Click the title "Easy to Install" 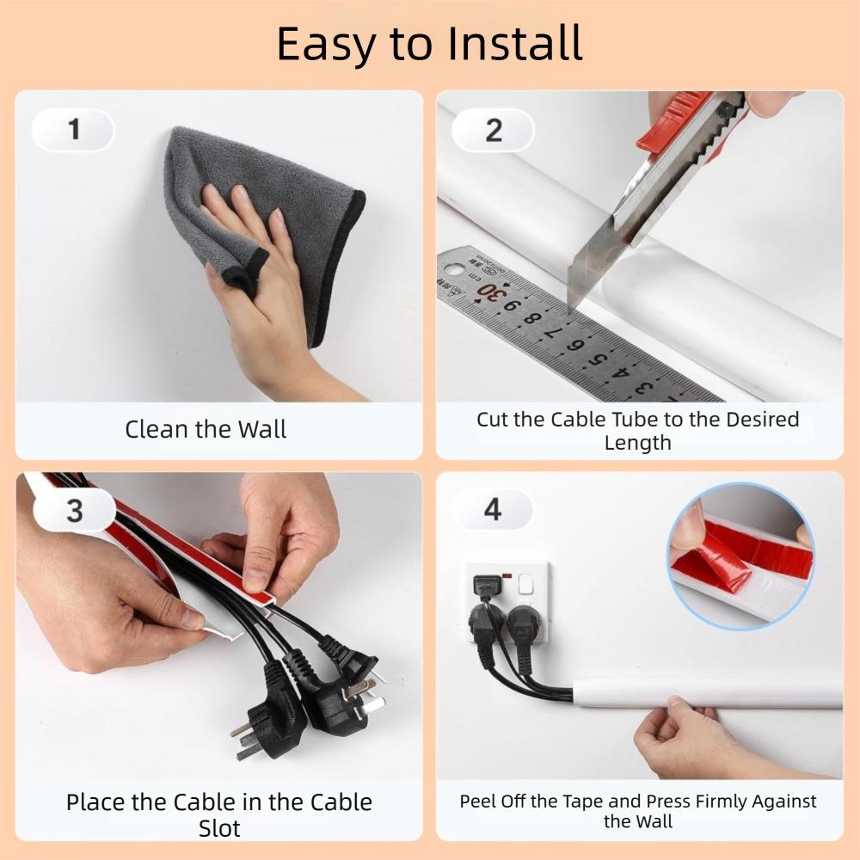(x=429, y=43)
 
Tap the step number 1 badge (x=74, y=130)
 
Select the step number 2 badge (x=494, y=131)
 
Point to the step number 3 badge (x=75, y=510)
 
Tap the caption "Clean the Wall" (x=206, y=429)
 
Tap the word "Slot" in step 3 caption (x=219, y=828)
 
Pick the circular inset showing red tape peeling (x=740, y=556)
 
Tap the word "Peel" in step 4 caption (x=477, y=802)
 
